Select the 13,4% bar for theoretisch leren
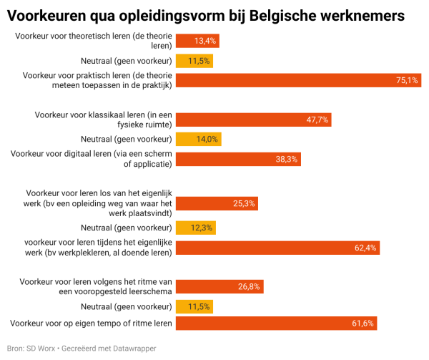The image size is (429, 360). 197,41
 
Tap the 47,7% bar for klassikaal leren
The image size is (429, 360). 253,120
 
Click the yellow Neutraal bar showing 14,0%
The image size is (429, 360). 198,139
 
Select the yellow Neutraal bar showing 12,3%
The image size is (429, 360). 195,228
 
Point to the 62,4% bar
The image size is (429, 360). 277,248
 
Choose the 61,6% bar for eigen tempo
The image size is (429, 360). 276,324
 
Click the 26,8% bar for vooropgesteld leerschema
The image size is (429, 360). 220,286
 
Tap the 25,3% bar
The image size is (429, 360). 217,203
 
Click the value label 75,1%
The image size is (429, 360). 406,81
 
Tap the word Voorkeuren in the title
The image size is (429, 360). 45,14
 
